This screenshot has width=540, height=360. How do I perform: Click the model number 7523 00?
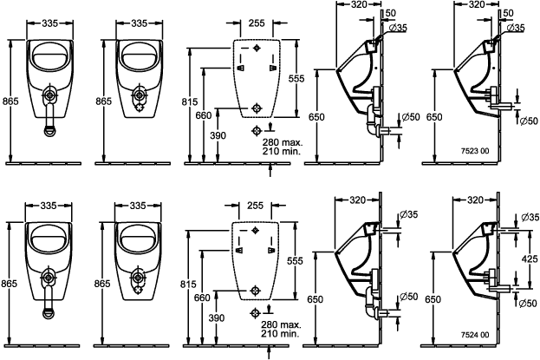click(475, 151)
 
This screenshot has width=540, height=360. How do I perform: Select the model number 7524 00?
click(475, 334)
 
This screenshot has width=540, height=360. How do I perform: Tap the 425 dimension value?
click(530, 259)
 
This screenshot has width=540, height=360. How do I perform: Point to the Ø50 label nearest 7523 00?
click(528, 121)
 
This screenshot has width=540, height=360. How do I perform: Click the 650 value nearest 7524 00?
click(433, 299)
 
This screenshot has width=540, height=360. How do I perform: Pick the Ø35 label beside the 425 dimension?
click(530, 218)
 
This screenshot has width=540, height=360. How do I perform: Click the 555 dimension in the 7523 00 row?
click(296, 79)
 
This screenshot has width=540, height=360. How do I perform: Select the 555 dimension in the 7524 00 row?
click(295, 261)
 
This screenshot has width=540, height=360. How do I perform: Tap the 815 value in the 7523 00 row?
click(190, 101)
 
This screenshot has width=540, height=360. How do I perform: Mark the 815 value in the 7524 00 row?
click(188, 284)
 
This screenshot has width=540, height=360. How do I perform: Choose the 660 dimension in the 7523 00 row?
click(204, 115)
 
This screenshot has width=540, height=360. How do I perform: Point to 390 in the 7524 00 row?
click(217, 317)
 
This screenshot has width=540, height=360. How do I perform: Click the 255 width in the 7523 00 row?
click(257, 23)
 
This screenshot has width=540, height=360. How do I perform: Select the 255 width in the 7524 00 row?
click(255, 206)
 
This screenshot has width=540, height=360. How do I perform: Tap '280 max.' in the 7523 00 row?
click(282, 142)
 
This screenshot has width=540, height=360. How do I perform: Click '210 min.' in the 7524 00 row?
click(280, 333)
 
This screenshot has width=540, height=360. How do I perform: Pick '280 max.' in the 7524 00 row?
click(281, 324)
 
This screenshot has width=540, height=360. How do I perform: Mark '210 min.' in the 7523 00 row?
click(282, 151)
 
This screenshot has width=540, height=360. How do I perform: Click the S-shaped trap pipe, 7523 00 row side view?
click(373, 121)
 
